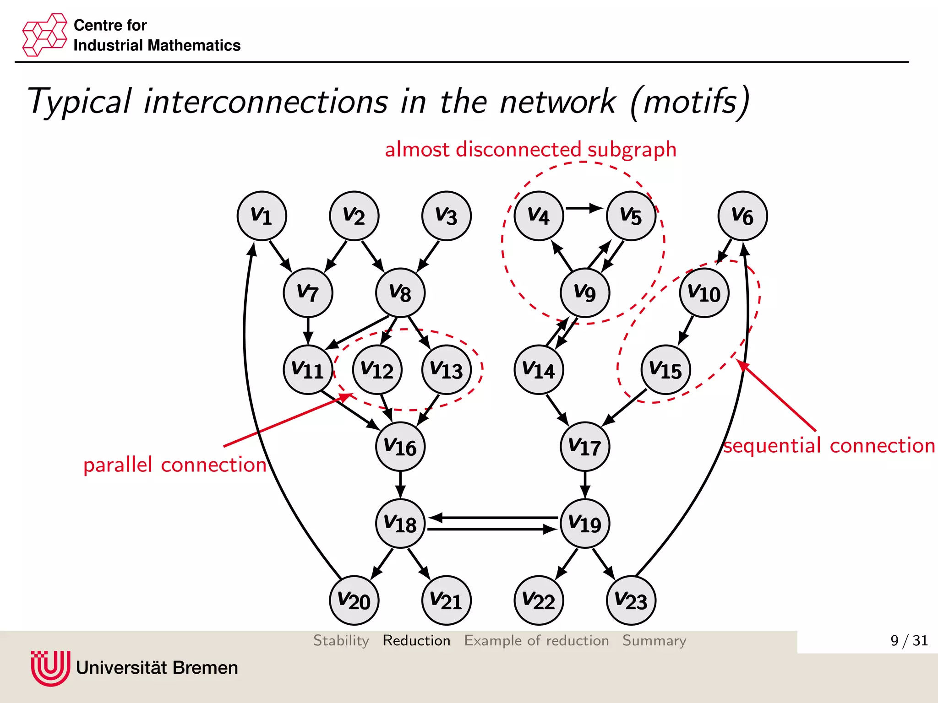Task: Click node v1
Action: point(262,216)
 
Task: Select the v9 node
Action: point(584,293)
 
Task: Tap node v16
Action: point(400,447)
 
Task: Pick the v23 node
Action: point(631,600)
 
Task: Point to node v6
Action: point(742,216)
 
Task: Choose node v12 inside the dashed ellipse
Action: point(377,370)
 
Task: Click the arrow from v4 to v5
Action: point(584,208)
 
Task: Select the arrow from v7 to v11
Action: point(308,330)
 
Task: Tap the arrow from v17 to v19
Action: point(584,484)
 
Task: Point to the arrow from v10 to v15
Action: point(686,330)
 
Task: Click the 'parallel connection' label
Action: point(175,465)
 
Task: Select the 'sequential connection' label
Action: point(829,445)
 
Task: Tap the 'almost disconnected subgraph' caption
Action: point(530,150)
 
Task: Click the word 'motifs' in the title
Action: point(690,102)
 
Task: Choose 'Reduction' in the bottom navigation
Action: point(416,640)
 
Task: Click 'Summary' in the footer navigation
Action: point(654,640)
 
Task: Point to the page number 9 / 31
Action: point(909,640)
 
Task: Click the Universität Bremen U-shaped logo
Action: point(50,668)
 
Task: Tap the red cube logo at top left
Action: point(44,35)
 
